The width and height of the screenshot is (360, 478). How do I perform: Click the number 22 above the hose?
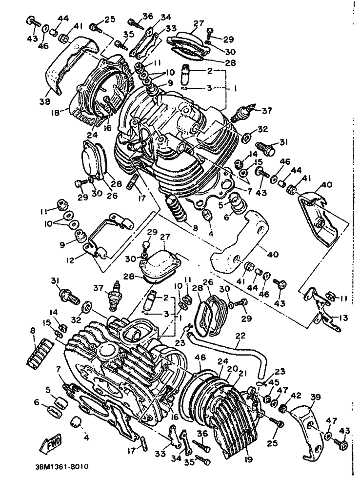point(240,336)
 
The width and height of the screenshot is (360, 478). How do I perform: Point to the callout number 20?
point(232,369)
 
